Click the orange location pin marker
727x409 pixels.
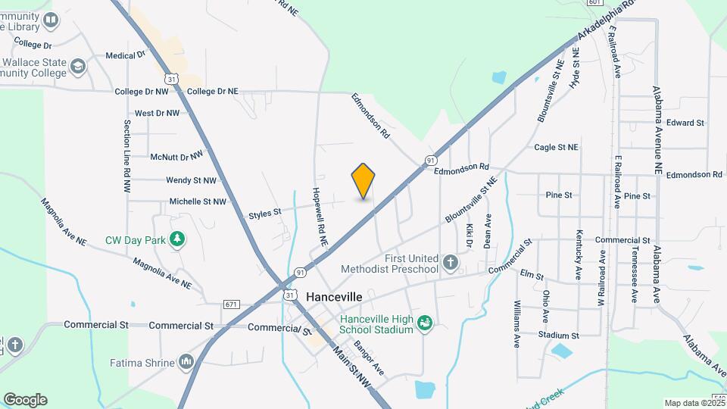(363, 181)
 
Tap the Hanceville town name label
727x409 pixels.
(335, 296)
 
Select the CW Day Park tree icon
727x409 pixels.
(177, 240)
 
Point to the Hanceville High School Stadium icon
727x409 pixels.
(426, 323)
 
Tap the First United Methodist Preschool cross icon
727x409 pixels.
(451, 263)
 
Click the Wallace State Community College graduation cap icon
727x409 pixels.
(77, 67)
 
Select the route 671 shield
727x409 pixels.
(232, 304)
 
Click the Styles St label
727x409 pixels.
(265, 215)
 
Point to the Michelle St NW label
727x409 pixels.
(198, 201)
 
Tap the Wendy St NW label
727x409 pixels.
(191, 180)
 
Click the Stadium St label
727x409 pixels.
(559, 335)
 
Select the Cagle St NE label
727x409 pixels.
(556, 148)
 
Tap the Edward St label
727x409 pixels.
(686, 123)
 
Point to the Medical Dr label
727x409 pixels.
(126, 55)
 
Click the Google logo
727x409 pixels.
(25, 400)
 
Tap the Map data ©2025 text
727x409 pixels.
(693, 403)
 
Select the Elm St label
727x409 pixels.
(529, 273)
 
